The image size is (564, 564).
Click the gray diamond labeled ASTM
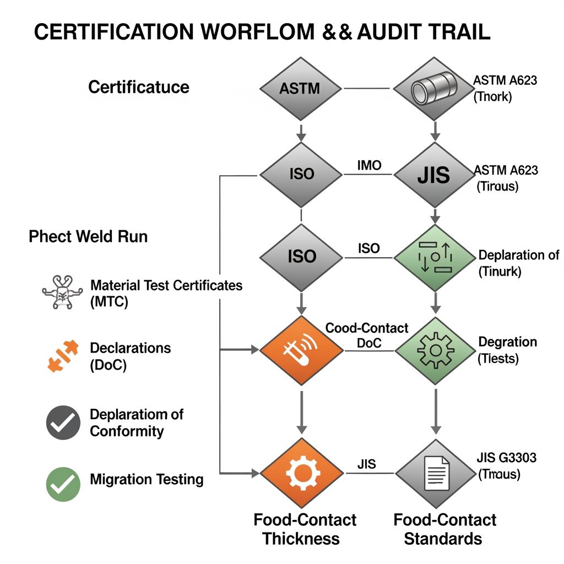click(x=300, y=88)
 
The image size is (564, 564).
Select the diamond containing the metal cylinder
click(x=435, y=88)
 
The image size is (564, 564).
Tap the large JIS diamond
click(x=435, y=175)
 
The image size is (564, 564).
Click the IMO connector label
click(x=369, y=165)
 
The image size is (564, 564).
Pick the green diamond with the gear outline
click(x=435, y=350)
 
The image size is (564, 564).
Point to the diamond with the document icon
click(x=435, y=473)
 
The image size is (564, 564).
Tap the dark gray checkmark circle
click(x=63, y=422)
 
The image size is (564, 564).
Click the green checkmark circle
click(x=63, y=484)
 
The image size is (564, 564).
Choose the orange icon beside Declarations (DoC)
click(x=61, y=356)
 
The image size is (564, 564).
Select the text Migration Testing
click(x=147, y=480)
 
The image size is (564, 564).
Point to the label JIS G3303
click(x=506, y=457)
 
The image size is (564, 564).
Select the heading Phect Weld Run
click(x=88, y=237)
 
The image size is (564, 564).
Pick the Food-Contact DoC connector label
click(x=367, y=335)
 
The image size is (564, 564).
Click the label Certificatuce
click(x=139, y=87)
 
